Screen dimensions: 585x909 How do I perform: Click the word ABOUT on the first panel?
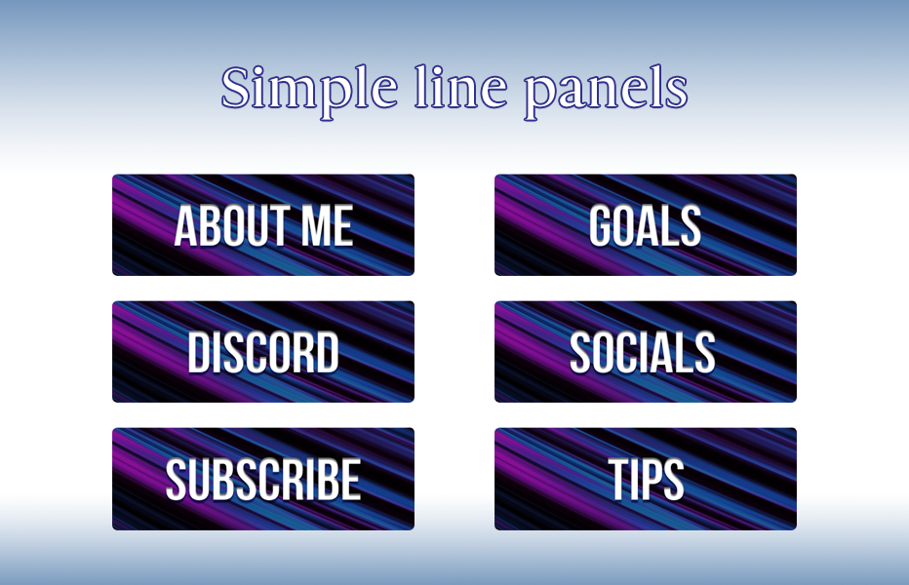[234, 226]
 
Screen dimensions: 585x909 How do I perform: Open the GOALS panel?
[645, 225]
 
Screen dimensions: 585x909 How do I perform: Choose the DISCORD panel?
[263, 352]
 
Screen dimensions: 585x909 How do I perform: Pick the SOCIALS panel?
[645, 352]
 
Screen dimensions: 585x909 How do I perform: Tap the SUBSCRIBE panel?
[263, 479]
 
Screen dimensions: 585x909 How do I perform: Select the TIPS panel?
[645, 479]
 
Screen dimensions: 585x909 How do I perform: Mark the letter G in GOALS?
[603, 226]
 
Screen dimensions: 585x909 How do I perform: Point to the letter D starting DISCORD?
[201, 353]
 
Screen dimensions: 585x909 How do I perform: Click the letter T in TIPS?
[621, 480]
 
